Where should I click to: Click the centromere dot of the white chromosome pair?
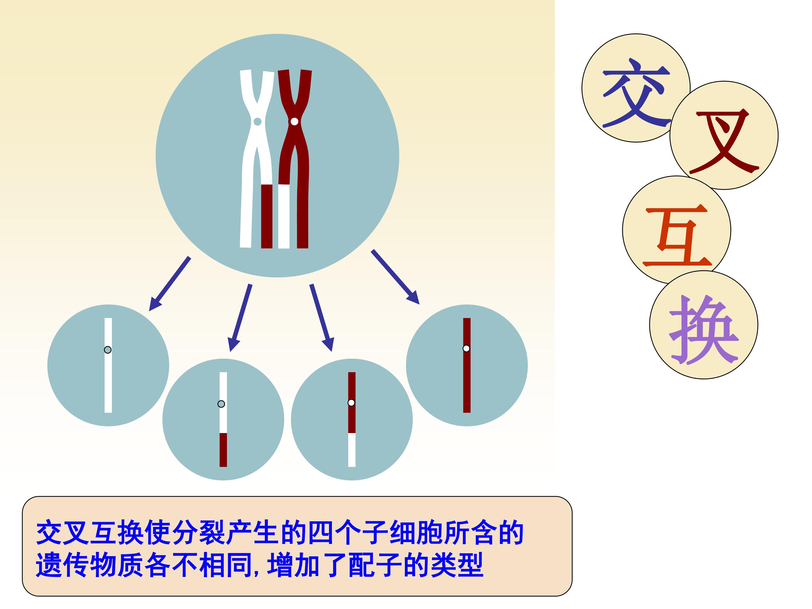258,122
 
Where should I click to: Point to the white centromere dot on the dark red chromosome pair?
294,122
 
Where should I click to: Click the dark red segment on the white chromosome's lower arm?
267,216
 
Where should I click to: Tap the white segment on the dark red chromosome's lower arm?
284,216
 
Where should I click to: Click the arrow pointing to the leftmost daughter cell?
170,284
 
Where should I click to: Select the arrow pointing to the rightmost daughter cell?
395,277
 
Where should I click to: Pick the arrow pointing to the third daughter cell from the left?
322,317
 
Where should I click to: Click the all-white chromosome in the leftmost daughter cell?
108,365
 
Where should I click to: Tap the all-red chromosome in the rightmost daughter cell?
467,365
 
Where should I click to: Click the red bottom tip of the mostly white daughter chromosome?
223,450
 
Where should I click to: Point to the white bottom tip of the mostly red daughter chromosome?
352,450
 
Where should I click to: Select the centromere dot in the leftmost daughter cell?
107,350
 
